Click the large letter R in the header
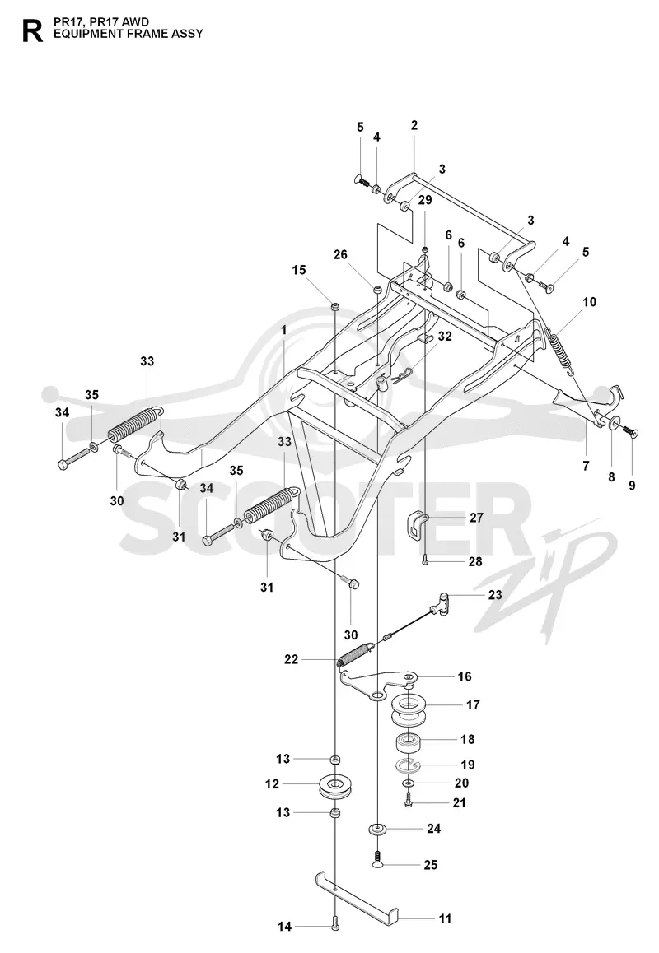(x=32, y=30)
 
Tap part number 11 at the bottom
(x=446, y=918)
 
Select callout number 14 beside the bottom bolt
(x=285, y=927)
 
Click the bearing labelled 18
(x=409, y=742)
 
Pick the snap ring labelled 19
(x=408, y=765)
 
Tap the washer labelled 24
(x=378, y=829)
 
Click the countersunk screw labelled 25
(x=378, y=859)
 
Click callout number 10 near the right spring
(x=590, y=302)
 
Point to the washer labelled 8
(x=613, y=422)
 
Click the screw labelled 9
(x=630, y=431)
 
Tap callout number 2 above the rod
(x=414, y=126)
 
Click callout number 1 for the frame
(x=283, y=330)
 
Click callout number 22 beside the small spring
(x=292, y=659)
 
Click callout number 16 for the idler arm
(x=465, y=676)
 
